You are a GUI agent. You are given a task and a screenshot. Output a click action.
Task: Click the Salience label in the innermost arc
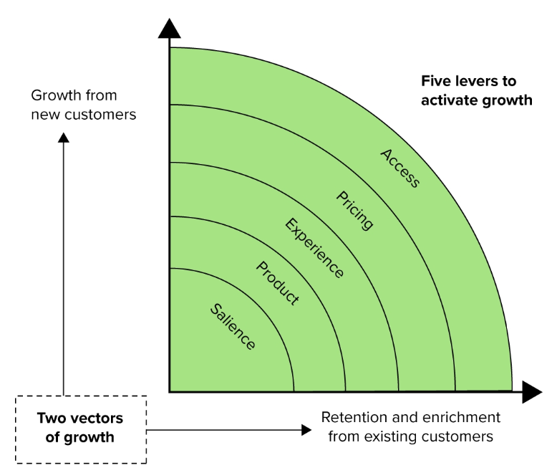233,327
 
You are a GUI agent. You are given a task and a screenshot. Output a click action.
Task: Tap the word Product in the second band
277,284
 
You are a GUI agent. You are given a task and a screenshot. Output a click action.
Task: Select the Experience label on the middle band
314,247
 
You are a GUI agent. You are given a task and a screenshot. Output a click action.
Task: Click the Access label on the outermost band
399,168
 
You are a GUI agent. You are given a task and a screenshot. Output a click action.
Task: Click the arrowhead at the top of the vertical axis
170,29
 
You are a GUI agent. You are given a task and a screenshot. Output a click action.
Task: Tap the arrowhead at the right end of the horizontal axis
532,392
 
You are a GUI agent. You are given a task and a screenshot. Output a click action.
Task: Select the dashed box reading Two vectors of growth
80,428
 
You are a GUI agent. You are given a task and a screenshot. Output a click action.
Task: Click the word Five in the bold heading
435,82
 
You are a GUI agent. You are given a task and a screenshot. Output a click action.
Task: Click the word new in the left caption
44,115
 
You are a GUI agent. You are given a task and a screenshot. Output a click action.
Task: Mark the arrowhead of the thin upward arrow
64,137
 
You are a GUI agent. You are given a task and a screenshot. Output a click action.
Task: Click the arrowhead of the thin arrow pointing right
306,429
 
